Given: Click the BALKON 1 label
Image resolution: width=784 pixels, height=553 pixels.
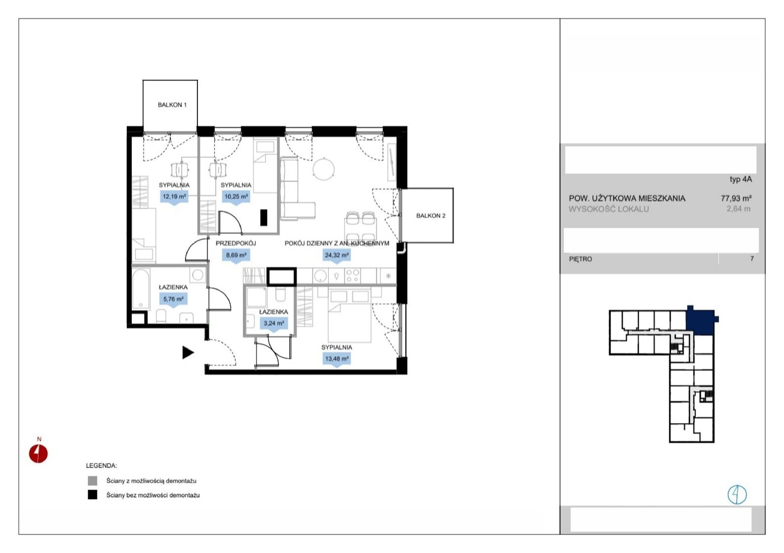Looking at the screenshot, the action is (172, 105).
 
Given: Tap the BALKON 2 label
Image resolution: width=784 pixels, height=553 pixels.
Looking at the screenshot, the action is (431, 216).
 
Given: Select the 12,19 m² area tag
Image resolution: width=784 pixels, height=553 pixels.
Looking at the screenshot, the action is (174, 197).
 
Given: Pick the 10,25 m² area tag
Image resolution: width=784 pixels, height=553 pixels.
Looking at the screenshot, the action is (236, 197).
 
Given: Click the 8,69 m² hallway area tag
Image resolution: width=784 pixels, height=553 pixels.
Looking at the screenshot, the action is (236, 255).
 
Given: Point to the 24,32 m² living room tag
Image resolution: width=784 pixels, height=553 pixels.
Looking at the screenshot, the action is (337, 255).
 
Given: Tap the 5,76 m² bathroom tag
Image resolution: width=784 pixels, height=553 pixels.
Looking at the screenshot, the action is (173, 300).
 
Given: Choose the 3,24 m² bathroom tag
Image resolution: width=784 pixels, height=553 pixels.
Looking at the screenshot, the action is (274, 324).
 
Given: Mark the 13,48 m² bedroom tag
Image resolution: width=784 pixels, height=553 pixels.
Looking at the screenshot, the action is (337, 359).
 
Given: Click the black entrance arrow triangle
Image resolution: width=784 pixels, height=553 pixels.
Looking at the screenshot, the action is (188, 352).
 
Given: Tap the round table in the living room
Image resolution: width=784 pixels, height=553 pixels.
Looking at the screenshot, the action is (324, 169).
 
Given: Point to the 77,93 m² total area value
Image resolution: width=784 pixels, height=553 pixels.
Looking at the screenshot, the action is (736, 199).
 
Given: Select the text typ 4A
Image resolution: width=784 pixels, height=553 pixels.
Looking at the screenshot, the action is (740, 179).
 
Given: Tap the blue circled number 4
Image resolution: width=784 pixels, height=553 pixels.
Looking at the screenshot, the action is (737, 495).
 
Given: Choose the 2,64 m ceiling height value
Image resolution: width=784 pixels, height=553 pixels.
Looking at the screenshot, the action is (738, 209).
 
